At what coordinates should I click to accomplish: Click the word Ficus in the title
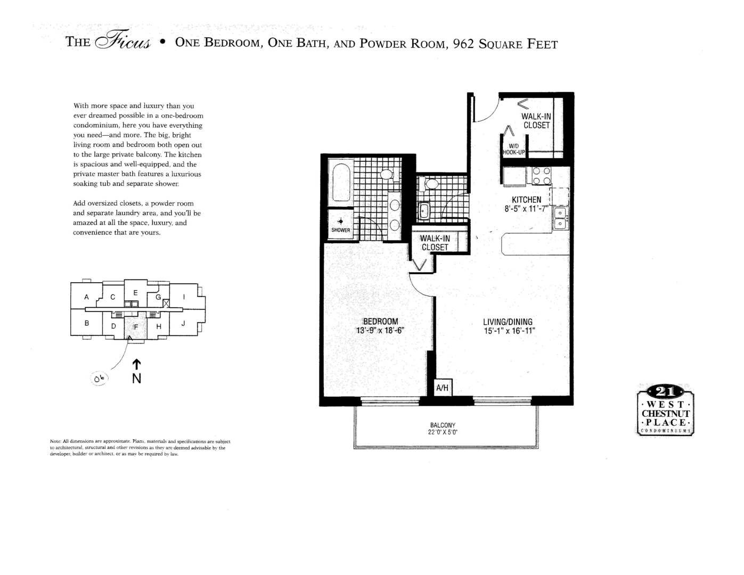(122, 43)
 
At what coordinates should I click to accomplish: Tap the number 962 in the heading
(463, 44)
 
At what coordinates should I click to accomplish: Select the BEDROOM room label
(380, 321)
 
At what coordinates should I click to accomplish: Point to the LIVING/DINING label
(508, 322)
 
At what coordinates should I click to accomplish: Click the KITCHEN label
(526, 200)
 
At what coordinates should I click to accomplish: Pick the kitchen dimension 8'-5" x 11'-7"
(526, 209)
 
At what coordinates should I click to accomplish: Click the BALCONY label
(443, 425)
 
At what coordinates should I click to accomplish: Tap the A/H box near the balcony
(442, 388)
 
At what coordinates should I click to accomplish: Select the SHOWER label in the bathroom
(341, 230)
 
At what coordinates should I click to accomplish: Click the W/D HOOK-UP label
(513, 149)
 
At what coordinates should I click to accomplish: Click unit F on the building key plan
(136, 326)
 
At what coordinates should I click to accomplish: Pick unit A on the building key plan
(86, 297)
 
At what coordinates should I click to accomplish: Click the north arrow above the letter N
(136, 364)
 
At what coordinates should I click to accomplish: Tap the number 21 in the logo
(665, 392)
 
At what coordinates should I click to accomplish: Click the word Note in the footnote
(55, 441)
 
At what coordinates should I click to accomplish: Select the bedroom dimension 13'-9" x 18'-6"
(380, 330)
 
